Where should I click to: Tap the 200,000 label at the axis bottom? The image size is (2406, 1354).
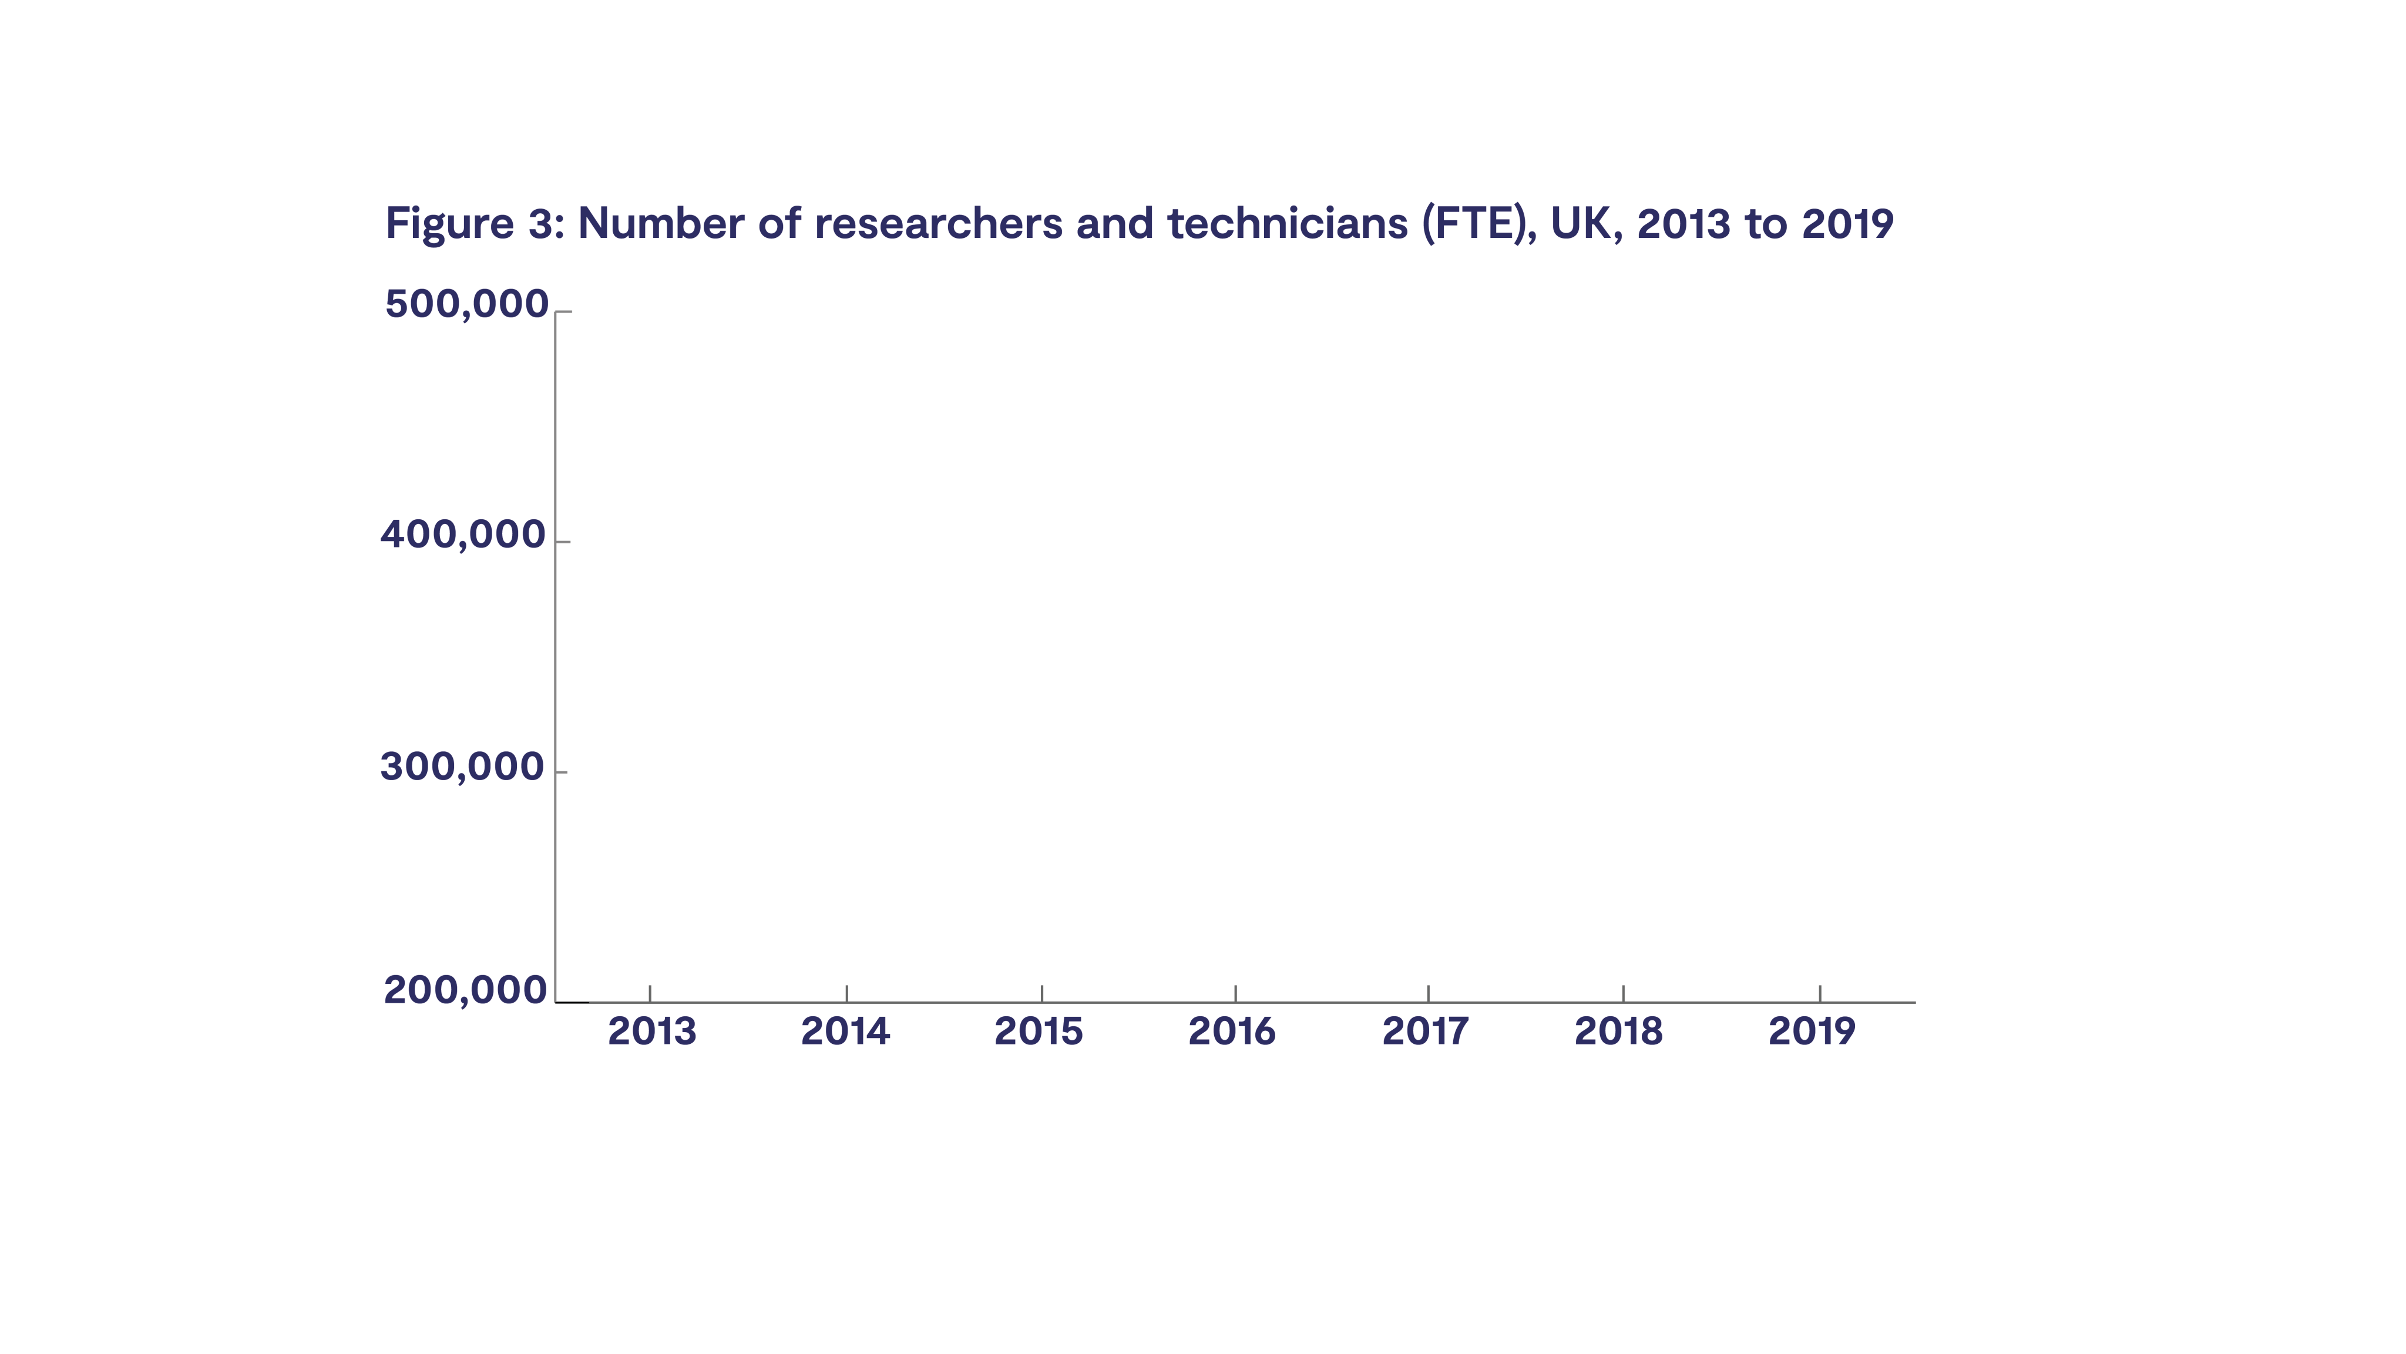[x=465, y=991]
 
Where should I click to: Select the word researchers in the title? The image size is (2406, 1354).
[x=937, y=224]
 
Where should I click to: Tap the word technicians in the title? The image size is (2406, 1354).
[x=1287, y=224]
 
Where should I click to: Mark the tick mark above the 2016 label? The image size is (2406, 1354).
[x=1236, y=993]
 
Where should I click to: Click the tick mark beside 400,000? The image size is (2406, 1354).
[x=562, y=542]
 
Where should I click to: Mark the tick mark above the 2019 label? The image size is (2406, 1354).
[x=1819, y=993]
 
